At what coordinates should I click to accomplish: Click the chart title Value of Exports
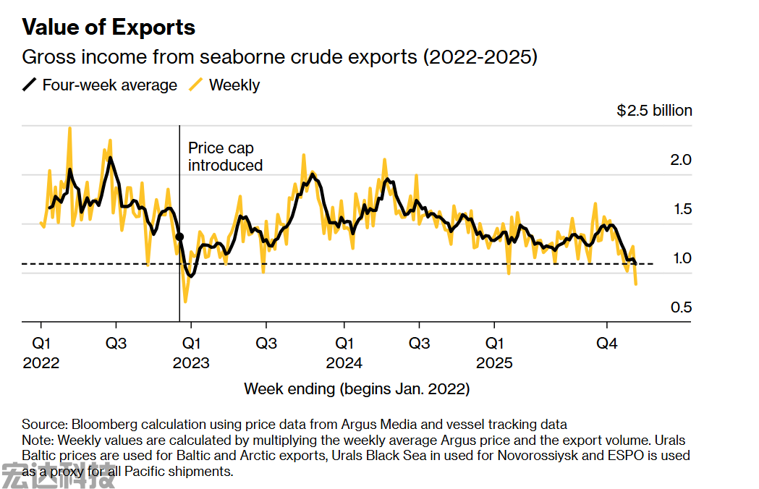coord(109,27)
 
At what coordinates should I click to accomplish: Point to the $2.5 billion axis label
coord(654,111)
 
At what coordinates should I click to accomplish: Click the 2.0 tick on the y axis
coord(682,159)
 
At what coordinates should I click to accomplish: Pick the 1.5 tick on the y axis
coord(682,209)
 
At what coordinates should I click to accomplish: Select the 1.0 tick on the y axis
coord(682,258)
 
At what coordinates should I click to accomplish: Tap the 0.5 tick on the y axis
coord(682,307)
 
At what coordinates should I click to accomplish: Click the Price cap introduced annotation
coord(225,156)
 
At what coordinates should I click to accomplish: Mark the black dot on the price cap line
coord(179,237)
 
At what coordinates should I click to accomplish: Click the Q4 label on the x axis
coord(606,343)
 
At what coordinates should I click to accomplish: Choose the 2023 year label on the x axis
coord(191,362)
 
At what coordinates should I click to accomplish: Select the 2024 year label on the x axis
coord(344,362)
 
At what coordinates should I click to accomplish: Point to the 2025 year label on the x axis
coord(494,362)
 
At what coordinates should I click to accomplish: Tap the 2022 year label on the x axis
coord(41,362)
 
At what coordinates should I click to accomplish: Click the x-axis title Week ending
coord(357,388)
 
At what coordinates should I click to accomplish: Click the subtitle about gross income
coord(279,57)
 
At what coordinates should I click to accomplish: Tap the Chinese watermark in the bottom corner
coord(58,476)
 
